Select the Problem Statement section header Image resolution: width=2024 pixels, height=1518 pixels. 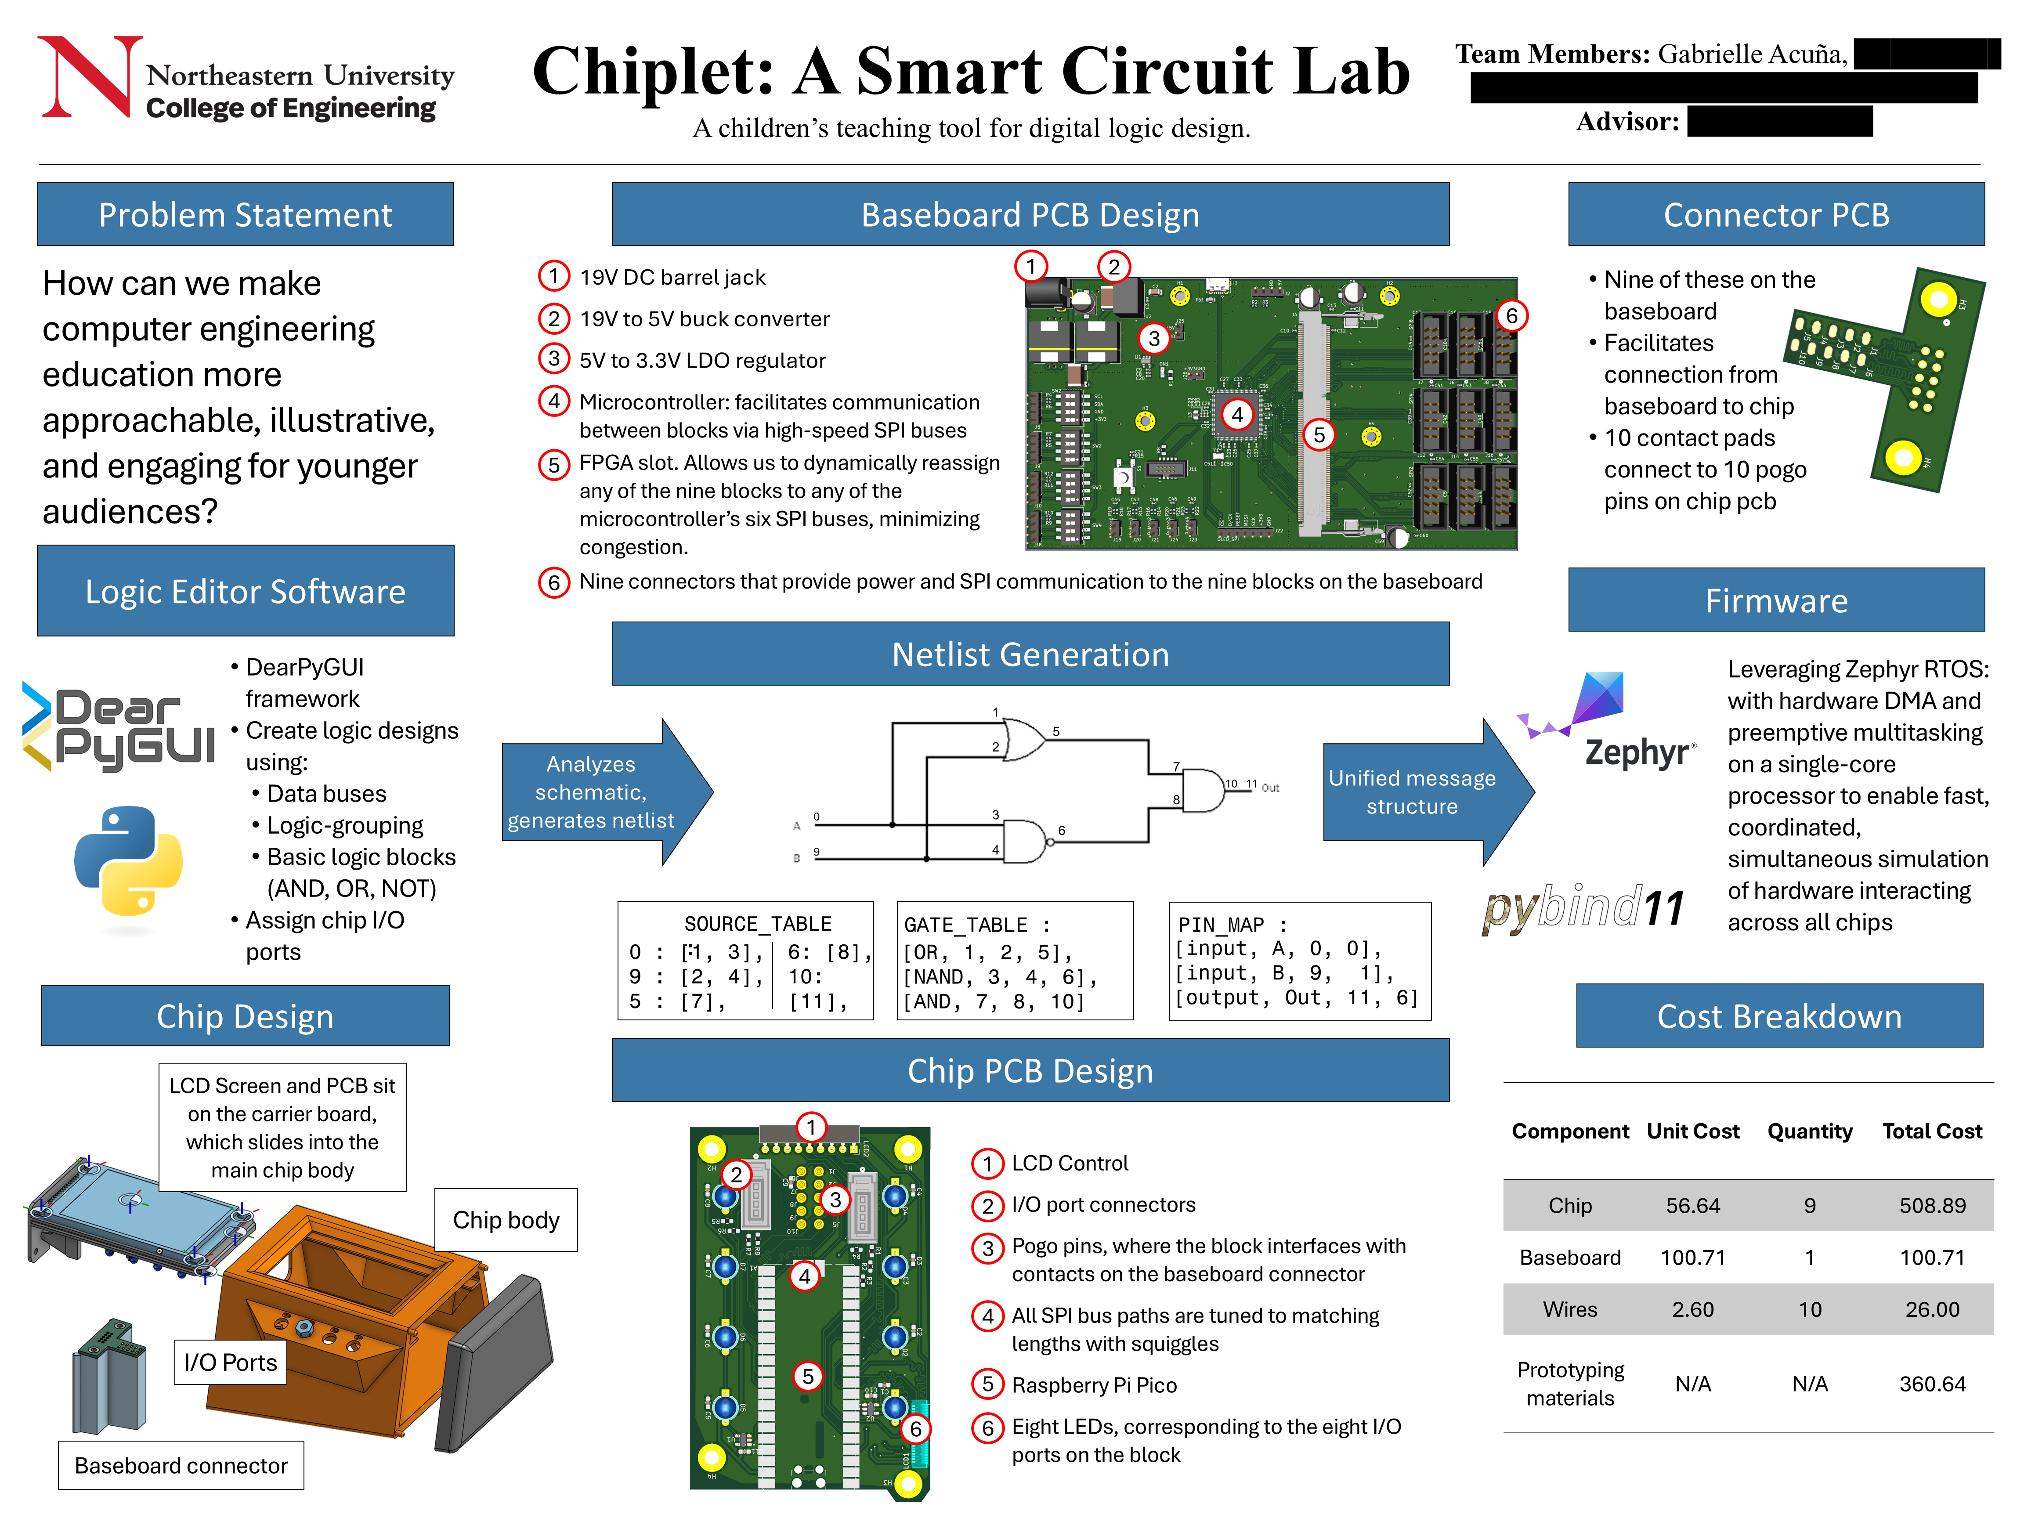[x=245, y=214]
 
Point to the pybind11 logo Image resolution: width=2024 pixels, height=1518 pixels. [x=1583, y=908]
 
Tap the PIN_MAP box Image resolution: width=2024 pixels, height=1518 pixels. [x=1299, y=961]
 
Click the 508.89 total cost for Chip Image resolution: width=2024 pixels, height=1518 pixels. [x=1932, y=1205]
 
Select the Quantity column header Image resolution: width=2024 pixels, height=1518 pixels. [x=1809, y=1131]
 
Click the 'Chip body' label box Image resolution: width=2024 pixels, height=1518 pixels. [x=506, y=1220]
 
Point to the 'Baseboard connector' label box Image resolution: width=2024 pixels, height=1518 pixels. [x=181, y=1465]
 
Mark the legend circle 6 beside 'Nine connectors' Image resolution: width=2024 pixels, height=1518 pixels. [x=553, y=582]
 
